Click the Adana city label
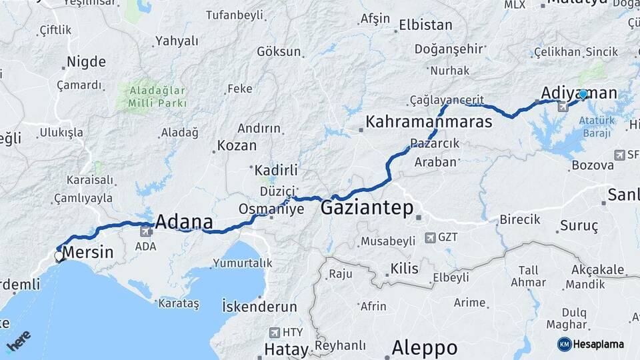point(184,223)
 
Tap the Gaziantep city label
point(367,208)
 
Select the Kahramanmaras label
point(429,122)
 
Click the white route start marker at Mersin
point(59,256)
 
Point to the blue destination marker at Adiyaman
point(583,95)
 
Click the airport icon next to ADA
point(145,231)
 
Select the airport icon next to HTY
point(275,332)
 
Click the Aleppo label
point(425,347)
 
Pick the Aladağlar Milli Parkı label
point(151,97)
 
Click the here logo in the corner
point(18,341)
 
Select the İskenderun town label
point(259,307)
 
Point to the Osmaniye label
point(271,209)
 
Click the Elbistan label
point(425,26)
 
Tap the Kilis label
point(404,269)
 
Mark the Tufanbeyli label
point(234,15)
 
